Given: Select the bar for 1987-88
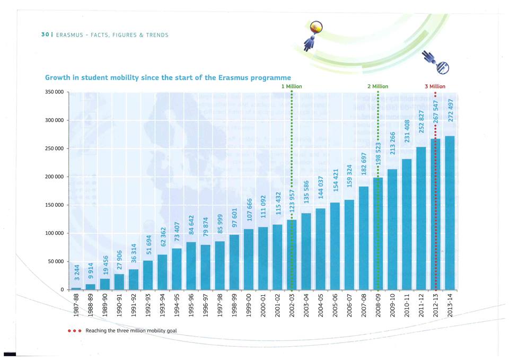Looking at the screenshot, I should coord(76,288).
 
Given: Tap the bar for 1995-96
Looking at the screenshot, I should coord(191,266).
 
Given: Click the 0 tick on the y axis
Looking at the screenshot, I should coord(62,290).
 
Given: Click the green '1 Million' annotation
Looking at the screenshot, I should coord(292,86).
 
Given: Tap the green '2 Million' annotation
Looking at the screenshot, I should coord(378,86).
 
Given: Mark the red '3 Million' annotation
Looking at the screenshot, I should coord(435,86).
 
